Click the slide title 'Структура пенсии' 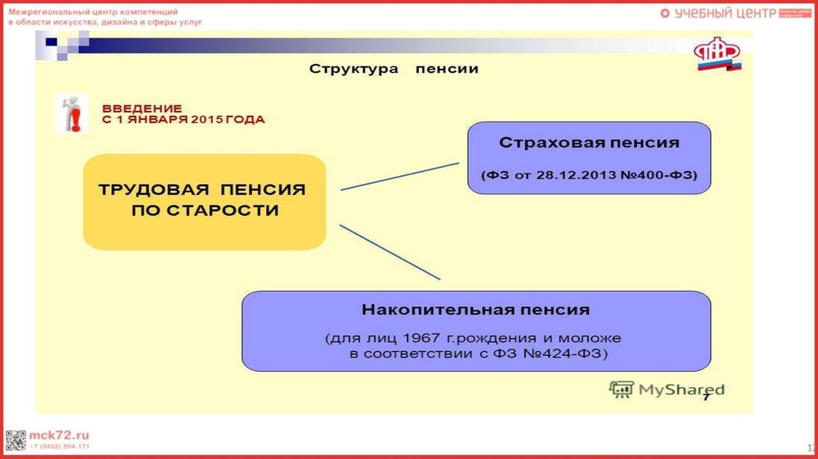pyautogui.click(x=394, y=70)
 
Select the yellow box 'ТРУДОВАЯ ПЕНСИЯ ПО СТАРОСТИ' pyautogui.click(x=204, y=201)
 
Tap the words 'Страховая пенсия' pyautogui.click(x=590, y=143)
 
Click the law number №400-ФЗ pyautogui.click(x=659, y=174)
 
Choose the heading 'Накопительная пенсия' pyautogui.click(x=475, y=309)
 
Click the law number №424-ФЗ pyautogui.click(x=566, y=353)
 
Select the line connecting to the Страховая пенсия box pyautogui.click(x=399, y=176)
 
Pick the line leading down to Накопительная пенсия pyautogui.click(x=390, y=251)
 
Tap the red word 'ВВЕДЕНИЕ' pyautogui.click(x=142, y=108)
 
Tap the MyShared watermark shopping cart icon pyautogui.click(x=621, y=389)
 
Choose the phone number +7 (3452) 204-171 pyautogui.click(x=59, y=446)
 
